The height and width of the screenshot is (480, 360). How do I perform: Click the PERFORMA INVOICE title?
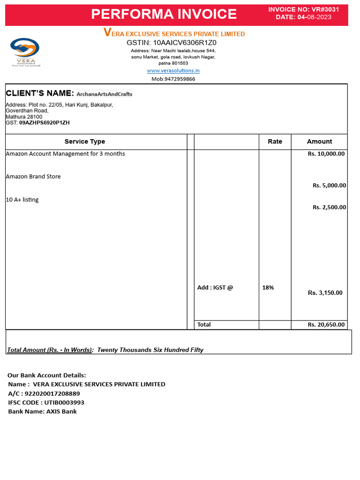pyautogui.click(x=164, y=14)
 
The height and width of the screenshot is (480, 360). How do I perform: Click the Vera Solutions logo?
pyautogui.click(x=26, y=52)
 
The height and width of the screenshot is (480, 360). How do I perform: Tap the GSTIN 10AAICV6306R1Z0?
pyautogui.click(x=172, y=43)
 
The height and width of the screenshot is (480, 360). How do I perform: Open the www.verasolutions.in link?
pyautogui.click(x=173, y=71)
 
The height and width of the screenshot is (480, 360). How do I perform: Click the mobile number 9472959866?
pyautogui.click(x=180, y=79)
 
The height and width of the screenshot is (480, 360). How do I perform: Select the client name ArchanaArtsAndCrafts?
pyautogui.click(x=105, y=94)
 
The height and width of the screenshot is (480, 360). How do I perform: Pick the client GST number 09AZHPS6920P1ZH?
pyautogui.click(x=44, y=123)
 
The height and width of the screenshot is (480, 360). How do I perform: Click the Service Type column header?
pyautogui.click(x=85, y=142)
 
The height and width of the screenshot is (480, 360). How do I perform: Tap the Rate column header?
pyautogui.click(x=275, y=142)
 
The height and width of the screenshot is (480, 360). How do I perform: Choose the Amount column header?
pyautogui.click(x=319, y=142)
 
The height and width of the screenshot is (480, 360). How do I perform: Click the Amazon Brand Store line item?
pyautogui.click(x=33, y=177)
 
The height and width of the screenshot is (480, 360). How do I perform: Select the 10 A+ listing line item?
pyautogui.click(x=22, y=200)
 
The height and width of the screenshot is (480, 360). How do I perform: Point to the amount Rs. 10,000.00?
pyautogui.click(x=326, y=154)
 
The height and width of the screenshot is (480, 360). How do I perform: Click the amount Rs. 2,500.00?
pyautogui.click(x=329, y=207)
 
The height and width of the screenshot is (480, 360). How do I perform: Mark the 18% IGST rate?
pyautogui.click(x=268, y=288)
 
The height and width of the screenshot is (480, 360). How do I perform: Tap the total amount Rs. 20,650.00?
pyautogui.click(x=326, y=324)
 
